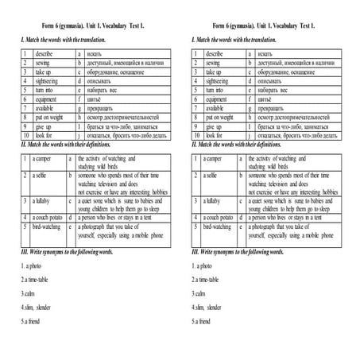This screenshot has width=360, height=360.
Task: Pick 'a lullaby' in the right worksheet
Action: point(212,202)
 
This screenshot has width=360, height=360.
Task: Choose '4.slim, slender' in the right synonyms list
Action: point(210,308)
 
